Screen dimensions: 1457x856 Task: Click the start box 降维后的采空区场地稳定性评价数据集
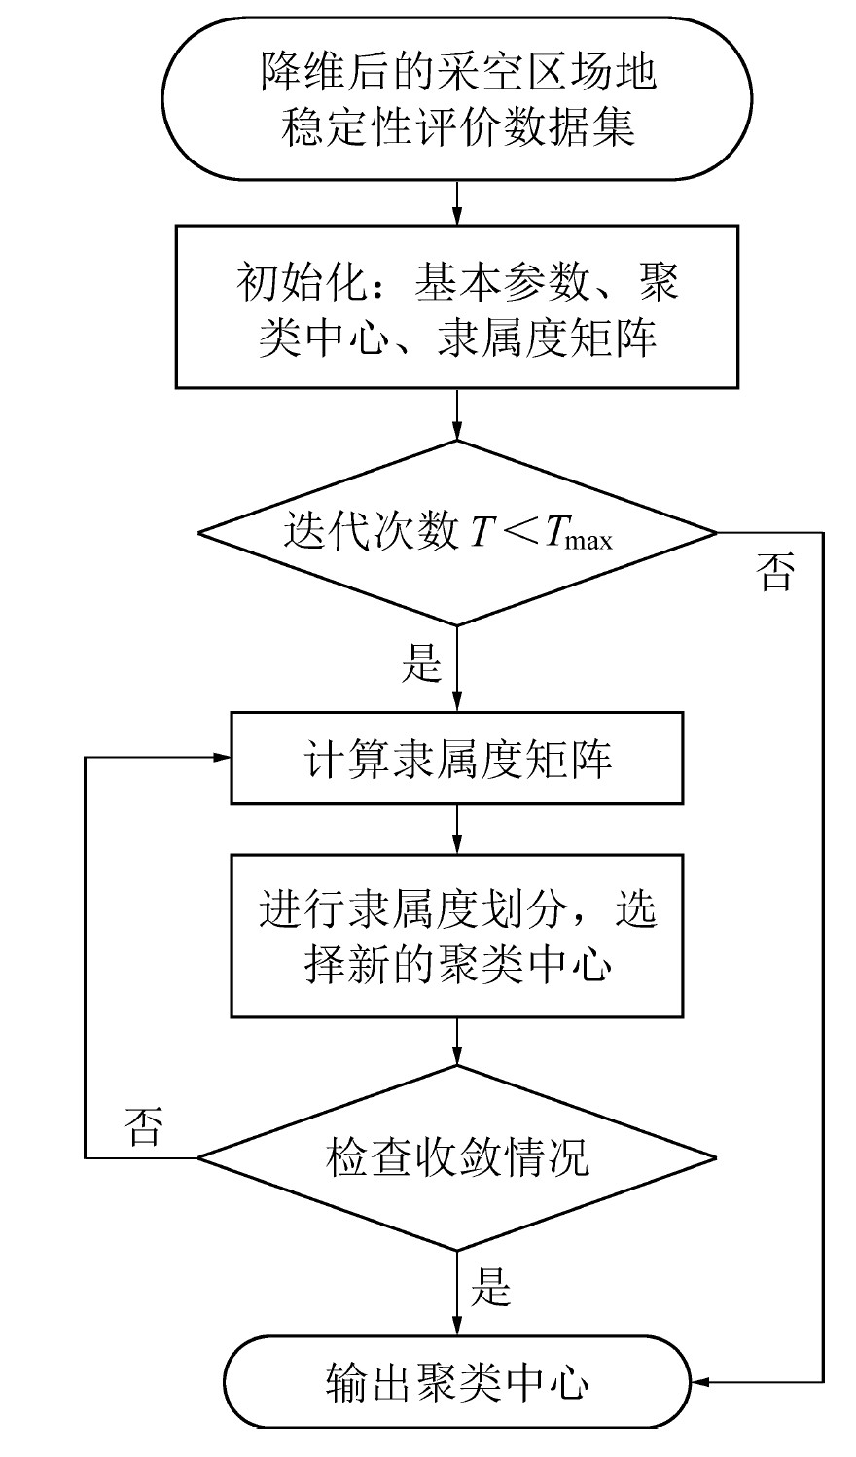coord(457,98)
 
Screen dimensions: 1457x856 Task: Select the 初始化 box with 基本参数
coord(457,308)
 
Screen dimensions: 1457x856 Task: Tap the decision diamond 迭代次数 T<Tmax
coord(457,532)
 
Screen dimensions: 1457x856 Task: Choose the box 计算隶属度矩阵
coord(457,760)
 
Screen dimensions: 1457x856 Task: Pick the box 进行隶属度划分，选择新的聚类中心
coord(457,935)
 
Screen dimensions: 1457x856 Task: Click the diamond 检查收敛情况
coord(457,1157)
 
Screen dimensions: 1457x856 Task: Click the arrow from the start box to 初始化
coord(457,203)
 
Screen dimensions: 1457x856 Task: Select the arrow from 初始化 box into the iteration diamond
coord(457,415)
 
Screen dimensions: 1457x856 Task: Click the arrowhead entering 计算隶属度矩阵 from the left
coord(221,759)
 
